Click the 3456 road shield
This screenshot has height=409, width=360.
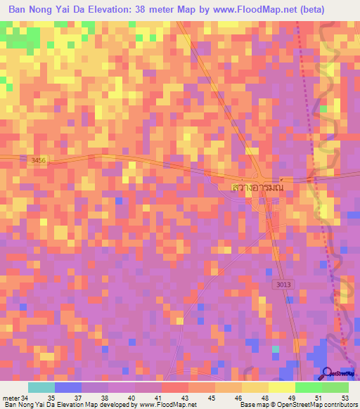[x=39, y=161]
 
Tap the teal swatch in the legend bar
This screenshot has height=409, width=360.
[x=41, y=387]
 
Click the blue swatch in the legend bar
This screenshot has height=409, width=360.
[x=67, y=387]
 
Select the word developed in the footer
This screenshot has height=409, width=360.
[x=109, y=405]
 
